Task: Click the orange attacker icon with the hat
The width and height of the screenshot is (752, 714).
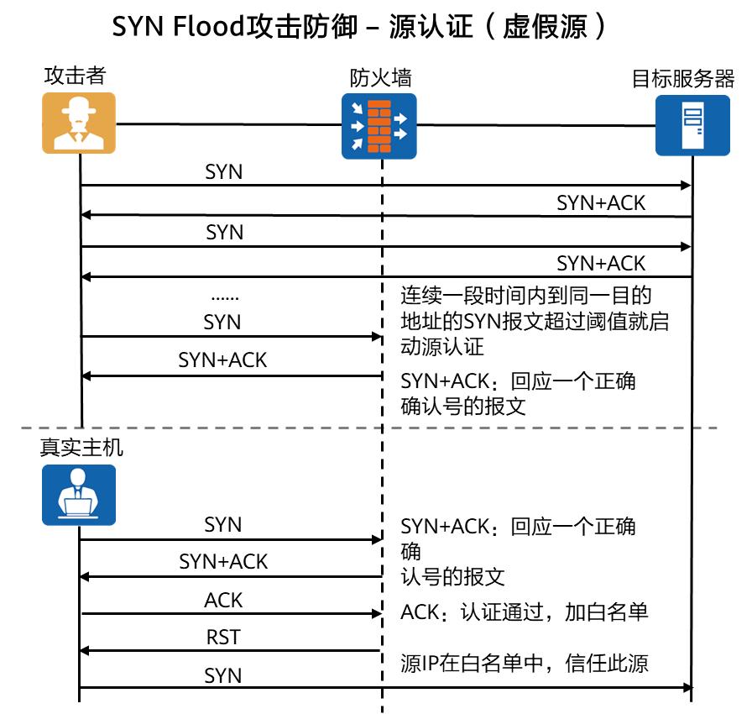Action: pos(79,123)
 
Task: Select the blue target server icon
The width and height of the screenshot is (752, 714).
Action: pos(692,125)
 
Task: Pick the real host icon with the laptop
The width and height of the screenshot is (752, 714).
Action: pos(79,495)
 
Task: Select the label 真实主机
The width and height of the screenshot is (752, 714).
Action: pos(81,447)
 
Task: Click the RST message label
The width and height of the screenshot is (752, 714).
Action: pos(223,638)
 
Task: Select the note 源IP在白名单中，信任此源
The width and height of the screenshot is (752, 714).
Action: pos(524,663)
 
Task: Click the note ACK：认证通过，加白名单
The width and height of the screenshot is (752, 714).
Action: pos(524,612)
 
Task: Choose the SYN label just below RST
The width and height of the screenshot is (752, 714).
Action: pos(223,675)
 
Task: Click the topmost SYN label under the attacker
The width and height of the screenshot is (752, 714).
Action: pos(224,171)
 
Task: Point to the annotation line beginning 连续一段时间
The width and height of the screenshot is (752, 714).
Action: pos(525,295)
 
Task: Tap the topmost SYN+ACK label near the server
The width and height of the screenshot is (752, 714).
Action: pos(601,202)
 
